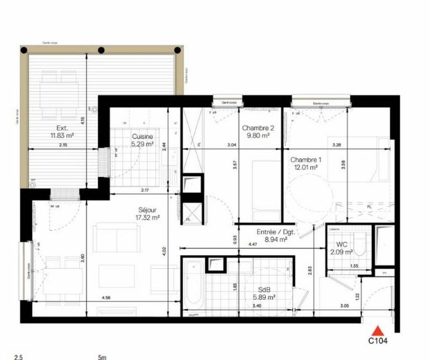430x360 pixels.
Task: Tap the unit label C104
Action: pyautogui.click(x=378, y=340)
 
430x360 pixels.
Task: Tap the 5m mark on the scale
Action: pyautogui.click(x=102, y=356)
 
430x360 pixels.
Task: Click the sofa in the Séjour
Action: pyautogui.click(x=116, y=238)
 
